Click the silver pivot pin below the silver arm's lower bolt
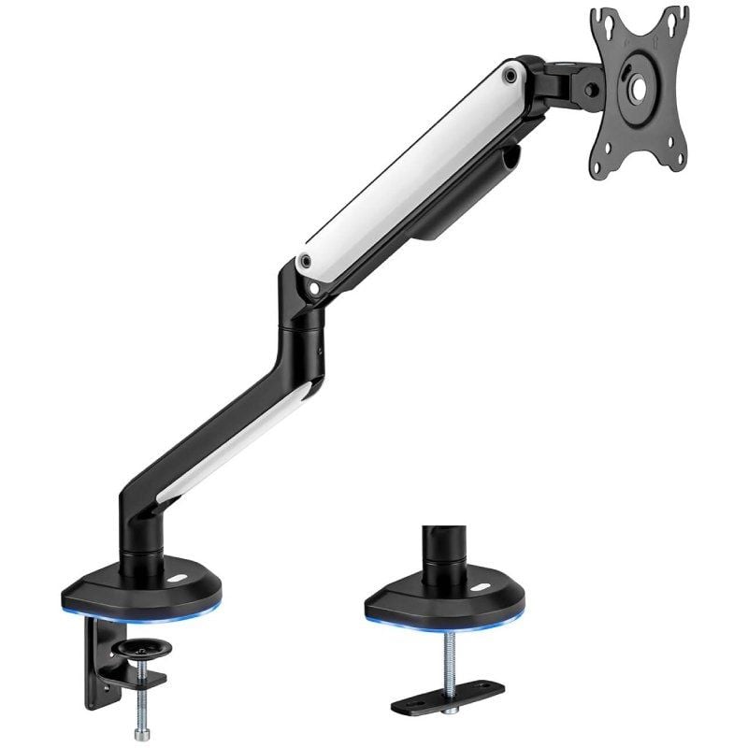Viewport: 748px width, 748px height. (321, 293)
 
